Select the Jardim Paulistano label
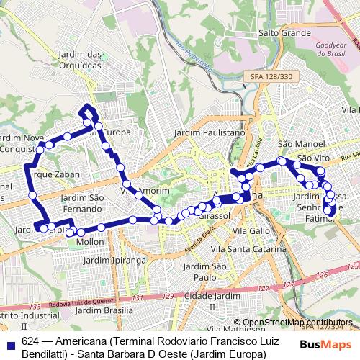(210, 132)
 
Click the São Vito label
(313, 157)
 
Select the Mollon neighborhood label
(90, 243)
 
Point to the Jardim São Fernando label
(86, 203)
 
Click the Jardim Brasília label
(105, 310)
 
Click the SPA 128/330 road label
(268, 76)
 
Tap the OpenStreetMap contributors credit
(297, 323)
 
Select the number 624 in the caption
(30, 341)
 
